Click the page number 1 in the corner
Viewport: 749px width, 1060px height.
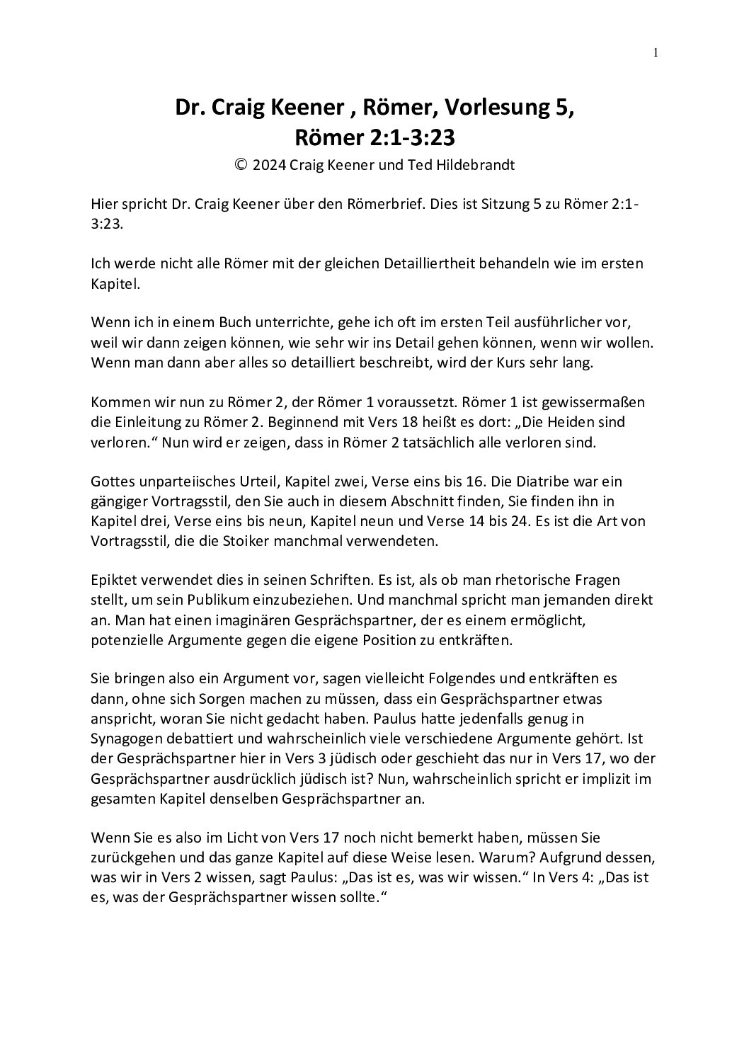click(x=656, y=51)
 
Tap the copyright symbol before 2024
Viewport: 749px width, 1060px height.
click(x=241, y=165)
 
